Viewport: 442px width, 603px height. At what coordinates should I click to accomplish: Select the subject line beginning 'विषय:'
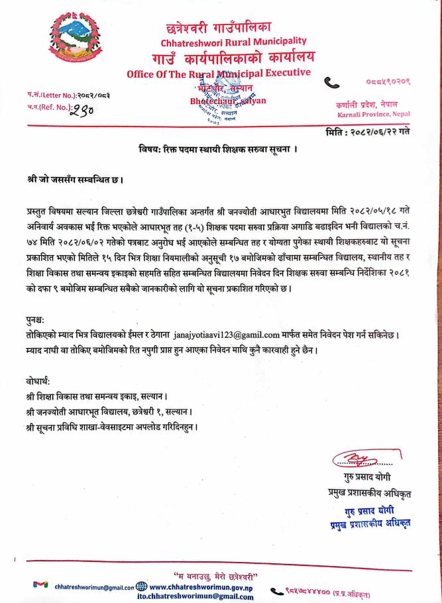point(221,149)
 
